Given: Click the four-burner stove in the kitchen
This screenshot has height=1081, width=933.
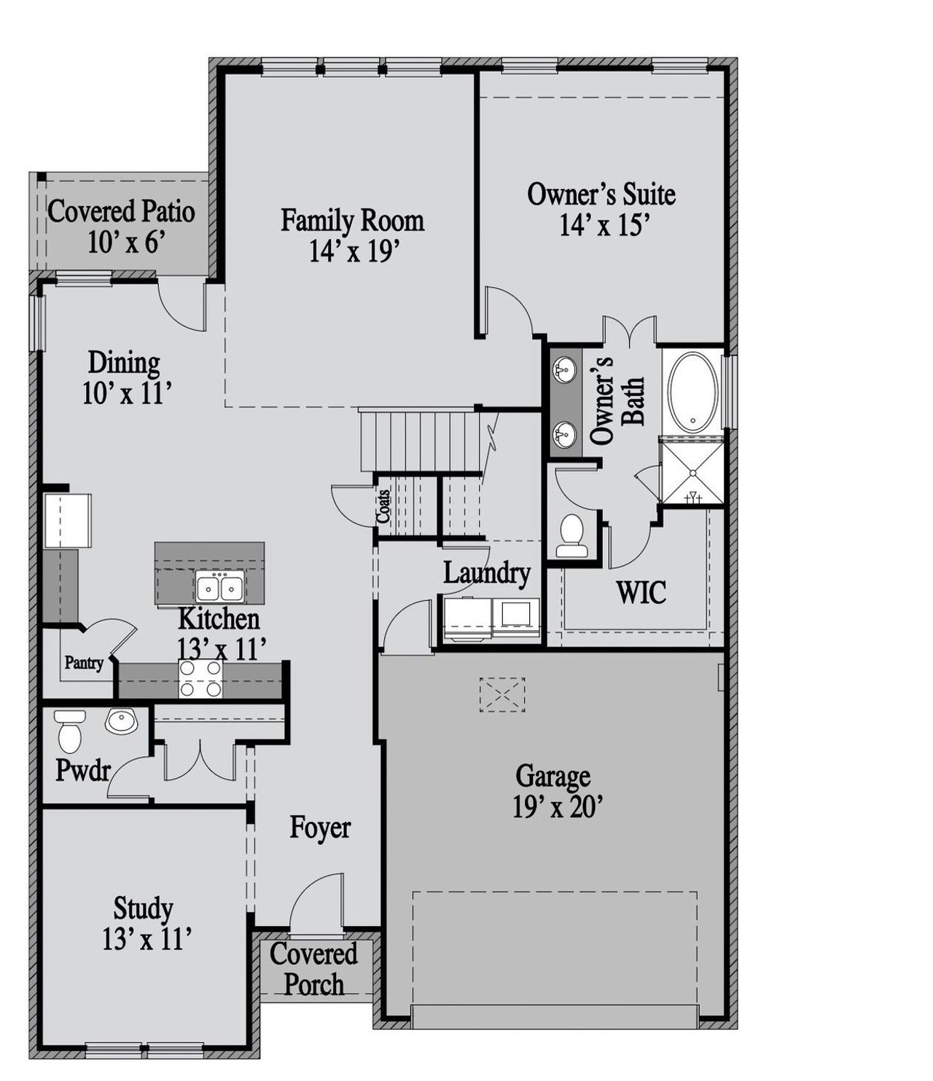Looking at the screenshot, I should (200, 678).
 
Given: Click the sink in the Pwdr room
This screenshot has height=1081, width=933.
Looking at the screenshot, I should (120, 721).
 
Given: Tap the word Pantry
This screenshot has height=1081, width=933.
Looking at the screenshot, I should (84, 664).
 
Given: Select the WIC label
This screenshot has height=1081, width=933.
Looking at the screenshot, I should (641, 592).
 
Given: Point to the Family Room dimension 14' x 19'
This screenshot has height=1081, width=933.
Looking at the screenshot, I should (353, 251).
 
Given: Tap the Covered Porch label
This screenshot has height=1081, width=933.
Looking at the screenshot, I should (313, 970).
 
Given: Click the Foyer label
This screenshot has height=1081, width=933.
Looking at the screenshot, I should (320, 828).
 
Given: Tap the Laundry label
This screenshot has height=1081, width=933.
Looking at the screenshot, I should (486, 573).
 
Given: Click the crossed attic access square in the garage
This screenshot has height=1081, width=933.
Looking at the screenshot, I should (501, 694).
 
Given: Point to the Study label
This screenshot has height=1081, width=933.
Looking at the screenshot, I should (143, 908).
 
